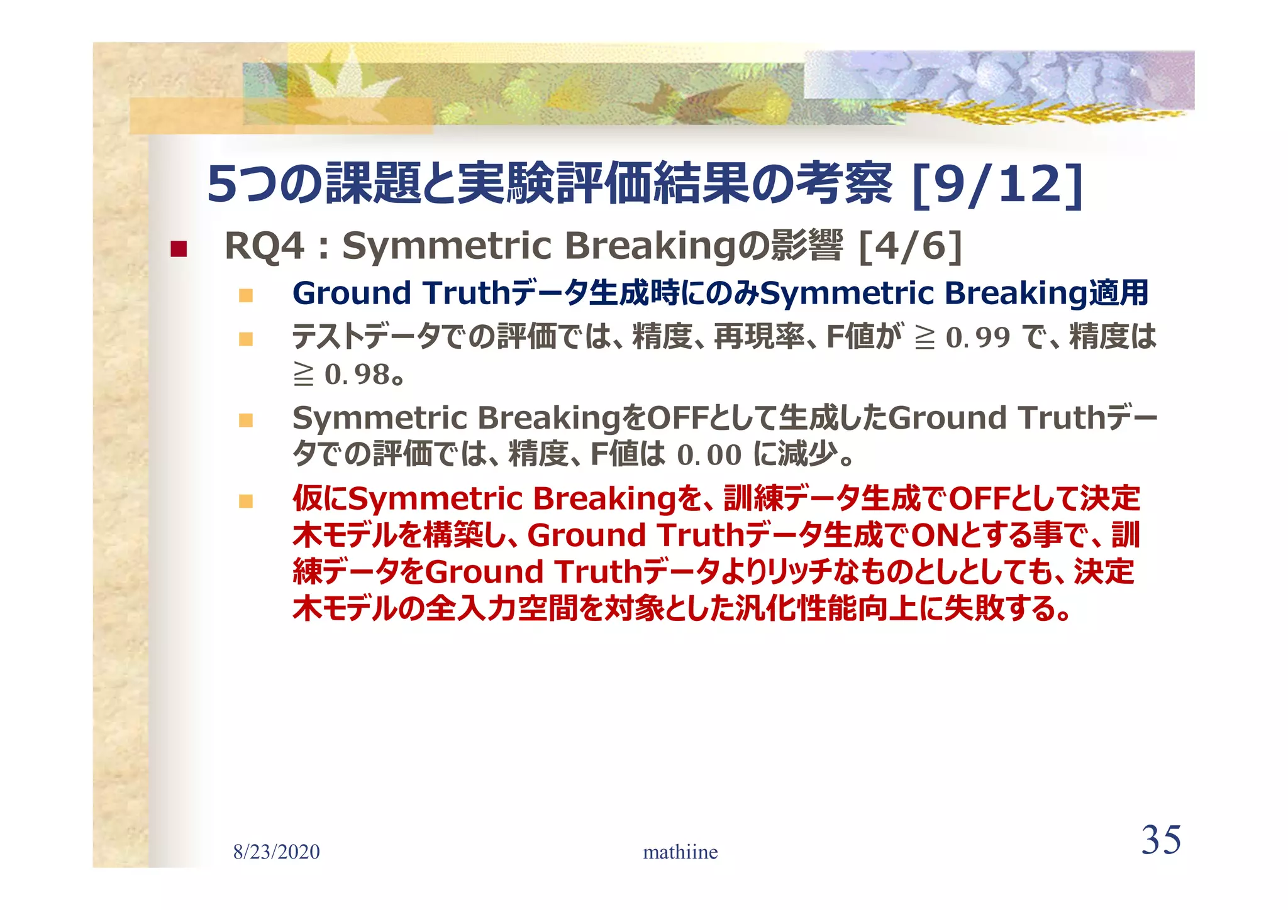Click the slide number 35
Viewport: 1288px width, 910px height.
(1160, 840)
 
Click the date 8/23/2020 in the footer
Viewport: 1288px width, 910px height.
(276, 852)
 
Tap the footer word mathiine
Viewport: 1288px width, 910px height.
(680, 852)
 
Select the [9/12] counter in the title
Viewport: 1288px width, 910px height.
(997, 184)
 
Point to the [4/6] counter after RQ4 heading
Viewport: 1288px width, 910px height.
(911, 245)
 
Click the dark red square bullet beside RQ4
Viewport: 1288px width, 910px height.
(179, 249)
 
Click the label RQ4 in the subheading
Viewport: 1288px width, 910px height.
(264, 245)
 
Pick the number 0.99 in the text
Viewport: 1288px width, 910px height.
(978, 337)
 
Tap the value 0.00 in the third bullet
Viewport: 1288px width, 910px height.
(709, 455)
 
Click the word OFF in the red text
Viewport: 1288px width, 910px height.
(979, 499)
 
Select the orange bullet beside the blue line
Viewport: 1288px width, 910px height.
(246, 295)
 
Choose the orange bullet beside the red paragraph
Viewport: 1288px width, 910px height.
(246, 502)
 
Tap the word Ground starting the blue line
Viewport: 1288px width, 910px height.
(352, 293)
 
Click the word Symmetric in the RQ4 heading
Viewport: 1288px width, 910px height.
(447, 245)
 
